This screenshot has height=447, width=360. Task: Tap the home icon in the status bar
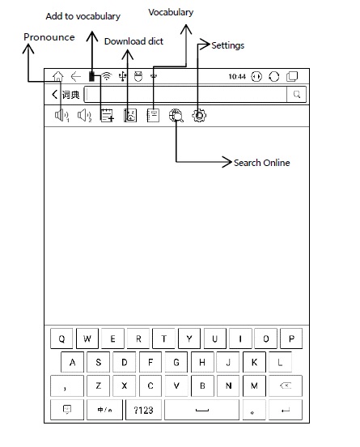click(x=57, y=76)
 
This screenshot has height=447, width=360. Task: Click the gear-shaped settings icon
click(x=199, y=116)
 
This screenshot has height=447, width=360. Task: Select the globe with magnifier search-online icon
click(x=176, y=116)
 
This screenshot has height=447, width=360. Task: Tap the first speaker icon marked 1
click(x=61, y=116)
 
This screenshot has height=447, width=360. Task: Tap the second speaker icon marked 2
click(x=85, y=116)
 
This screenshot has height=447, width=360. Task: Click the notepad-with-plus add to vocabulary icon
click(x=107, y=116)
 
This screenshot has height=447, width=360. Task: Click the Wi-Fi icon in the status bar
click(x=107, y=76)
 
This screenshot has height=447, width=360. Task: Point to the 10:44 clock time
click(x=237, y=76)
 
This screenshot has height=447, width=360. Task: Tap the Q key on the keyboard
click(x=61, y=338)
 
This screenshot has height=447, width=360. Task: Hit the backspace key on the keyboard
click(x=286, y=385)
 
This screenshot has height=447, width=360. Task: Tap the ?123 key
click(x=143, y=410)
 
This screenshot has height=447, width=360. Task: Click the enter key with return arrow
click(x=286, y=410)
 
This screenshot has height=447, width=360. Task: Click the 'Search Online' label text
click(x=262, y=163)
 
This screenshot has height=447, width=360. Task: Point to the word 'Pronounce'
click(x=49, y=37)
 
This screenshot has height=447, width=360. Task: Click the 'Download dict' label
click(x=133, y=41)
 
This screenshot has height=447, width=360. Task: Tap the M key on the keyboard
click(x=254, y=385)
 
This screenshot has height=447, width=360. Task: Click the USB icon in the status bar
click(x=122, y=76)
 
